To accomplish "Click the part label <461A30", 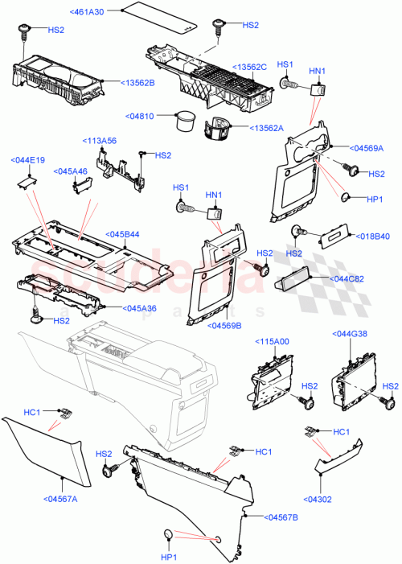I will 92,11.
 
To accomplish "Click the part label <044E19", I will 28,160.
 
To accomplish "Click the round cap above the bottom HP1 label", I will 169,535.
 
